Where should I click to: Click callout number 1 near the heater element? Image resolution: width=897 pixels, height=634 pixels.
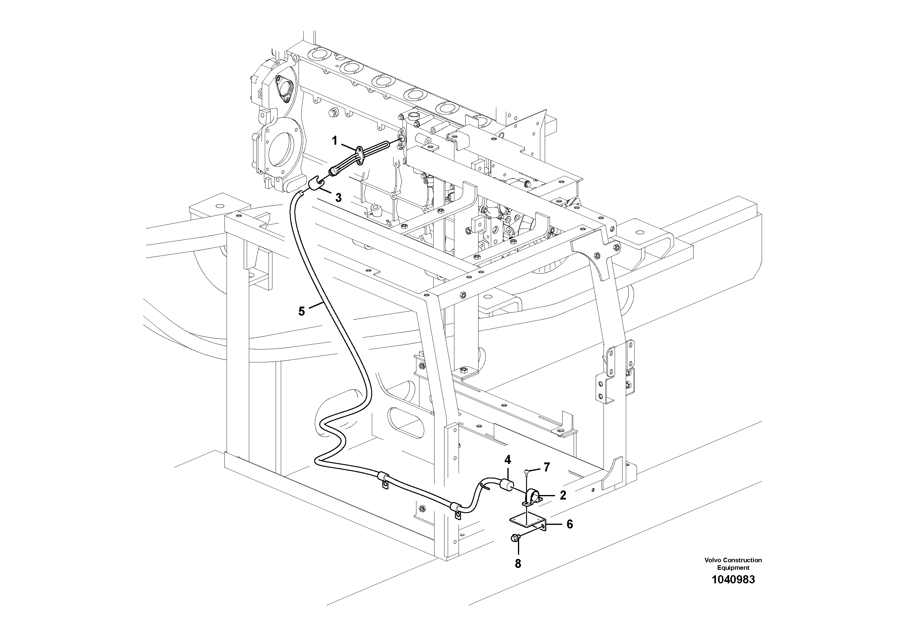[334, 141]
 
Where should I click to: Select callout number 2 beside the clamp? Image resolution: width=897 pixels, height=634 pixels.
[563, 496]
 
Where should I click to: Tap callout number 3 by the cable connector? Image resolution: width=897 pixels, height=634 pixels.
[338, 198]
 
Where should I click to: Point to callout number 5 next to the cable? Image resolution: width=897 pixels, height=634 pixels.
[301, 311]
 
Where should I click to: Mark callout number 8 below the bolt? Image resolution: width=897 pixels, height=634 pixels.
[518, 564]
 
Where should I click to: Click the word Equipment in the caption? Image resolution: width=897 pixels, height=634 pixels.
[733, 568]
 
